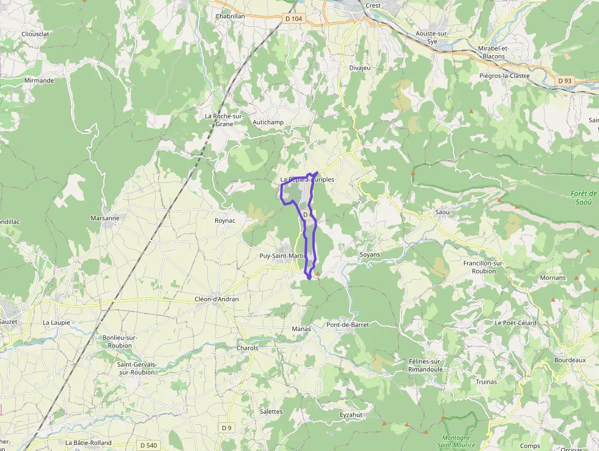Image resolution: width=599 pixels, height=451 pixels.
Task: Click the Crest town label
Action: [x=373, y=6]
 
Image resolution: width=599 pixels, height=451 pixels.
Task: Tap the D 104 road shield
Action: [x=294, y=19]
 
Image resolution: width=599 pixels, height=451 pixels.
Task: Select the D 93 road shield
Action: [x=565, y=81]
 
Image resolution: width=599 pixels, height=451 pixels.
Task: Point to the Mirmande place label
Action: [x=39, y=80]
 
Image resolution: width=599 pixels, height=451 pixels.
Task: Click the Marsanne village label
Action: [x=105, y=218]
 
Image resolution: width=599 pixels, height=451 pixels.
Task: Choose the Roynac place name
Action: [x=225, y=220]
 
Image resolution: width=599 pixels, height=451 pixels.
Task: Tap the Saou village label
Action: [x=442, y=212]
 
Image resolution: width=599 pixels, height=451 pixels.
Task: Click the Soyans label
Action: [x=370, y=255]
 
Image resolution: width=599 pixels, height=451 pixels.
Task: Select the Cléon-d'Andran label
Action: [x=216, y=299]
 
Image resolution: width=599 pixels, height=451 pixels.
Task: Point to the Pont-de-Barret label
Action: [x=348, y=325]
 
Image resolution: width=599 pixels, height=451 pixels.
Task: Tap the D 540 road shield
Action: [x=148, y=445]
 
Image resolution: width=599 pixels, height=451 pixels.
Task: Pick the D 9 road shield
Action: [x=227, y=427]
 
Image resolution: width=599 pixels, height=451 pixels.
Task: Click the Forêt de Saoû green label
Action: [x=584, y=198]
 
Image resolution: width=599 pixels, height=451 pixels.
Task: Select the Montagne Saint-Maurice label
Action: [x=457, y=441]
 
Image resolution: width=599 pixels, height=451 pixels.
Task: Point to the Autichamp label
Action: [x=268, y=122]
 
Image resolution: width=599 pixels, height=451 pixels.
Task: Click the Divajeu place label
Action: [x=360, y=68]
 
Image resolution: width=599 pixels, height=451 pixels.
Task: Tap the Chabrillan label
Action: [x=230, y=17]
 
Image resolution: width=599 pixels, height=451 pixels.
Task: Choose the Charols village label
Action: [x=248, y=348]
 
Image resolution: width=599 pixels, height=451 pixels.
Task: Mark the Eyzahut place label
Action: [x=351, y=415]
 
